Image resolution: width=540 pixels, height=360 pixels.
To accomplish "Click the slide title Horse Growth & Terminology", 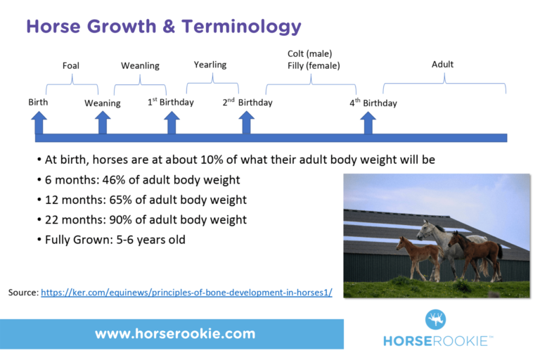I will coord(163,27).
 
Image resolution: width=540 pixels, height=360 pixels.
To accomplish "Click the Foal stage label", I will coord(70,66).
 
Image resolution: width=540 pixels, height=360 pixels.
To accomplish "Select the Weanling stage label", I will coord(140,66).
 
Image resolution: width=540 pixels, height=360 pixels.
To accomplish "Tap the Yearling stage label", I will coord(210,65).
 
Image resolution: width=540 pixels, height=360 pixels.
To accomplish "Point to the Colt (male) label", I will coord(309,53).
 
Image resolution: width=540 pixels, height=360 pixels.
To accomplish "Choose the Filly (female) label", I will coord(314,66).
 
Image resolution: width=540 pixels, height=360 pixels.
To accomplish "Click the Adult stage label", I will coord(442,65).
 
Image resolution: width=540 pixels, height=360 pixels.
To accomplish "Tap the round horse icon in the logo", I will coord(435,320).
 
